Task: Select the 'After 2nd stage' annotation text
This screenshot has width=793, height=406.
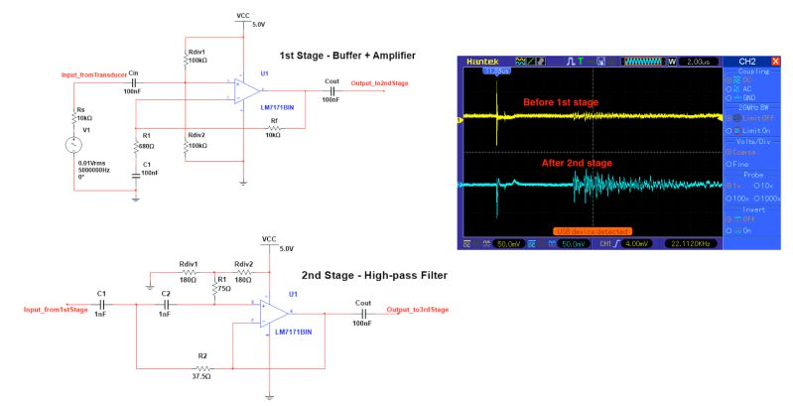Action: point(576,162)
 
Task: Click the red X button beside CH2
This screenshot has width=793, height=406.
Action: point(775,62)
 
